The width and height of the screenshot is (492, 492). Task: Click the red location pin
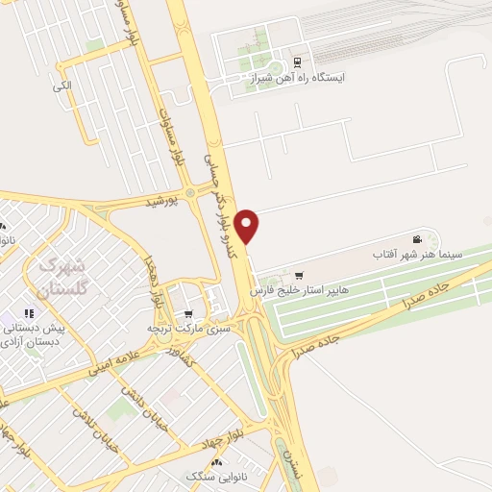[x=248, y=226]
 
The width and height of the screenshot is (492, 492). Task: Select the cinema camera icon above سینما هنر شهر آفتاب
[x=416, y=239]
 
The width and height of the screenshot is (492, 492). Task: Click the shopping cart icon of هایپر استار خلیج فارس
[x=299, y=275]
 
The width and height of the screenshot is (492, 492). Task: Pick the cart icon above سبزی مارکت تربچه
[x=188, y=313]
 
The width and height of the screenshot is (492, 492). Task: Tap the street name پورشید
[x=162, y=203]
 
